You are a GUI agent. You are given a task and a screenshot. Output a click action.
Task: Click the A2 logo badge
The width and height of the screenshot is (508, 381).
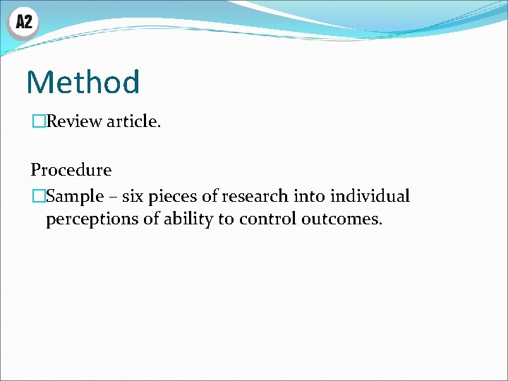coord(23,22)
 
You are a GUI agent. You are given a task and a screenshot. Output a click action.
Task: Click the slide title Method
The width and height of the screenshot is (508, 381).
coord(83,82)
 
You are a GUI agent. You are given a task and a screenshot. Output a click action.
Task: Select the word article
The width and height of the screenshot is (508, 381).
coord(133,121)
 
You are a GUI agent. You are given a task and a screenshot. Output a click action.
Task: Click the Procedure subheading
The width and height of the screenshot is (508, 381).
coord(71,170)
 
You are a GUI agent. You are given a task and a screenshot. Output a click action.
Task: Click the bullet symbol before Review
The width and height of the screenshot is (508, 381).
coord(37,121)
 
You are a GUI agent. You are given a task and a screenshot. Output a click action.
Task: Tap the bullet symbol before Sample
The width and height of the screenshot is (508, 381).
coord(37,195)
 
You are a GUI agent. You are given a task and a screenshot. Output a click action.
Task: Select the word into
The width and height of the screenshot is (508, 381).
coord(307,195)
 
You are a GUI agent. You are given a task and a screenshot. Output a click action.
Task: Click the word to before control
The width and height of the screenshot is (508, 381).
coord(226,219)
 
